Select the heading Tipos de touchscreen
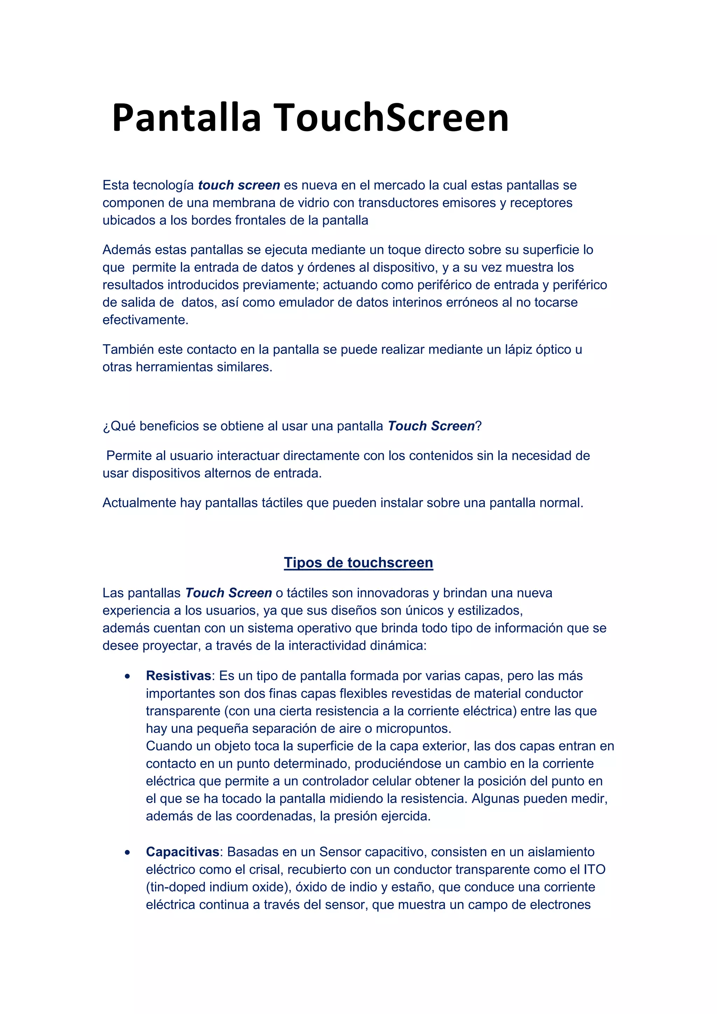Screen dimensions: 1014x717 pyautogui.click(x=358, y=562)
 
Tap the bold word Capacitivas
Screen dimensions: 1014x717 pyautogui.click(x=182, y=852)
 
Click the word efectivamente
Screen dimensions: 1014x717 pyautogui.click(x=145, y=320)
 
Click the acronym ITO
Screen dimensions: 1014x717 pyautogui.click(x=594, y=869)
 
